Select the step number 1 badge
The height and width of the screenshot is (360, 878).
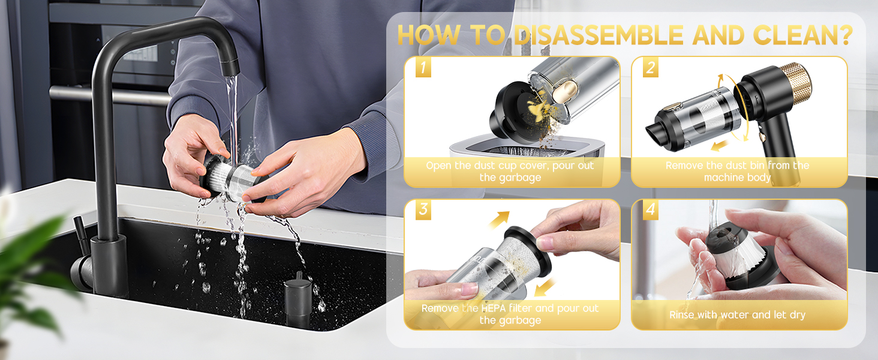[x=423, y=68]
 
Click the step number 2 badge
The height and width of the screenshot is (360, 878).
[x=650, y=68]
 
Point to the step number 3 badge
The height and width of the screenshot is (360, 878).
[x=423, y=210]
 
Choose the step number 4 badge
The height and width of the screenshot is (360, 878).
[x=650, y=210]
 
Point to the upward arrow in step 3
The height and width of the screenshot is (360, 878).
[x=499, y=219]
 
